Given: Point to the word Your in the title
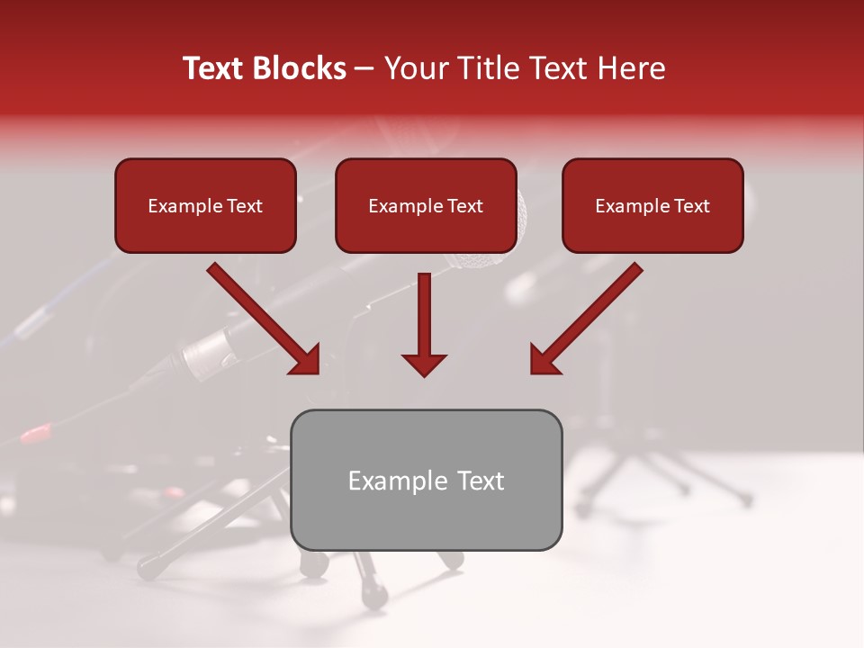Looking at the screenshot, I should [x=416, y=68].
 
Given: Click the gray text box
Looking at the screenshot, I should [x=427, y=517].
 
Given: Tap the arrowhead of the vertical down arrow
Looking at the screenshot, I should [x=424, y=364].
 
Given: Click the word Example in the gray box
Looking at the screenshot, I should [x=391, y=481].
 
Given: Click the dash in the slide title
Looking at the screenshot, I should [x=365, y=68].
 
